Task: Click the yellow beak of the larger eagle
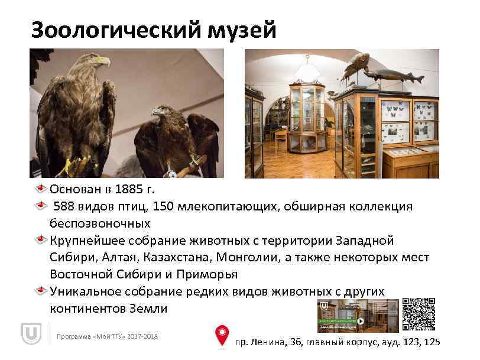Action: (103, 60)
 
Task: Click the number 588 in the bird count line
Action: (66, 207)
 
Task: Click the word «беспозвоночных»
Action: (100, 223)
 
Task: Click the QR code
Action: (419, 314)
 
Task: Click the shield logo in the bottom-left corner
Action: (30, 335)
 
